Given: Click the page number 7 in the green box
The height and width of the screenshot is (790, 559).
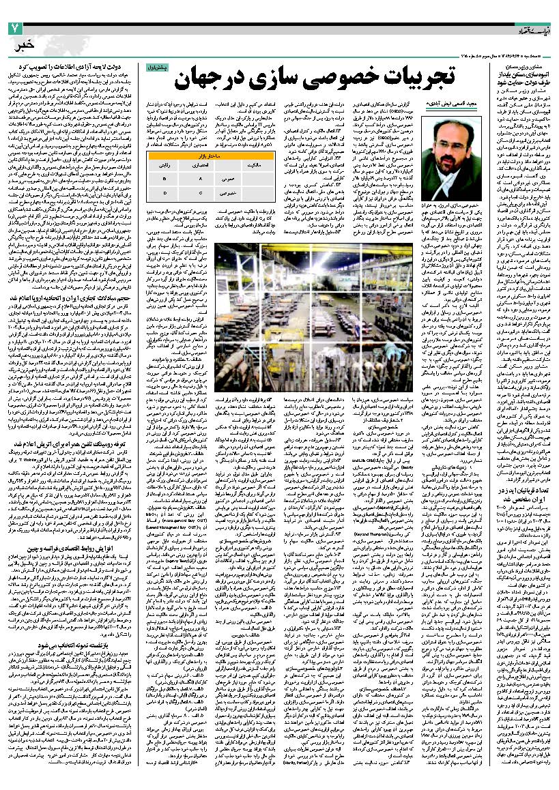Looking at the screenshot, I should [15, 28].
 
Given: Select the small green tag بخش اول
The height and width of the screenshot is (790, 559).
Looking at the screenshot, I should [156, 68].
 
